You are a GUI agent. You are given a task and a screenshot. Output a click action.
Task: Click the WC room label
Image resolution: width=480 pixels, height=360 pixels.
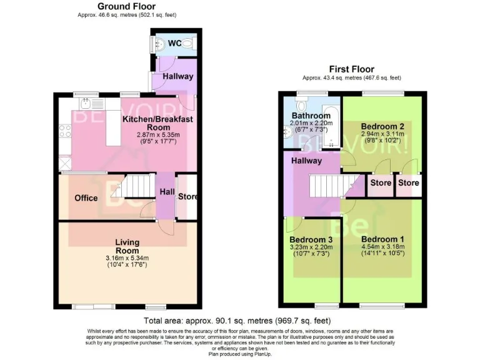[174, 43]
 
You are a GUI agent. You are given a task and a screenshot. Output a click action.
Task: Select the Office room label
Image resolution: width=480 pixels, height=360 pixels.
[86, 198]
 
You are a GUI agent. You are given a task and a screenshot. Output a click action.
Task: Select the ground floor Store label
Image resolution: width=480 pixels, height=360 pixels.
[187, 197]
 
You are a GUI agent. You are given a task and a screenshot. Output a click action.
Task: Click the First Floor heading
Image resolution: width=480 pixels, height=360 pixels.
[351, 69]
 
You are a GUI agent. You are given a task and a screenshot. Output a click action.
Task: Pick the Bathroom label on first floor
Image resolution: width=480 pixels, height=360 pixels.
[311, 116]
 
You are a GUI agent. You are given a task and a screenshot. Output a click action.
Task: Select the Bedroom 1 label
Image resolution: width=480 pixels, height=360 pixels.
[382, 239]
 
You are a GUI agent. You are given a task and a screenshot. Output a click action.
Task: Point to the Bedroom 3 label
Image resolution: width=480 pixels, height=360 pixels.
[310, 239]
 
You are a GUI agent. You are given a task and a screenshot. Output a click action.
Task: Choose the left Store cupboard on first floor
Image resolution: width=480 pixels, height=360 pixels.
[381, 184]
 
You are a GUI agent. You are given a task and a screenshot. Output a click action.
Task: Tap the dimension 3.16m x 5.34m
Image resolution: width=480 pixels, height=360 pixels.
[127, 258]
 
